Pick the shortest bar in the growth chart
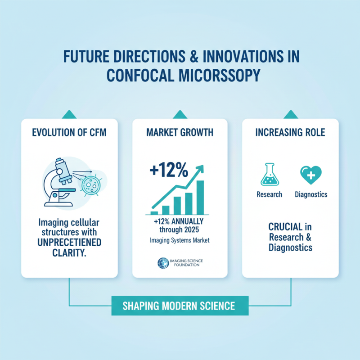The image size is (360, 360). tap(154, 212)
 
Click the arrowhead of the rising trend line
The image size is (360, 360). tap(200, 168)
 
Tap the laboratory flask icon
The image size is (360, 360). tap(269, 175)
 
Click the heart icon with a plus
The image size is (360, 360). tap(310, 175)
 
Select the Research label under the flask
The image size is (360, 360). tap(269, 195)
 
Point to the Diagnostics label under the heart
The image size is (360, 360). tap(311, 195)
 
